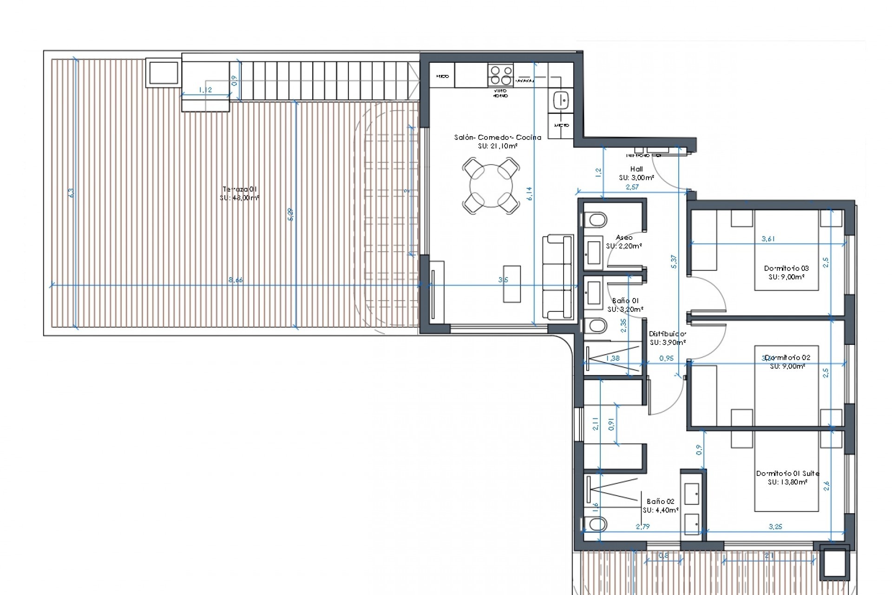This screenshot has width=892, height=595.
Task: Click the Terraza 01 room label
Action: tap(239, 190)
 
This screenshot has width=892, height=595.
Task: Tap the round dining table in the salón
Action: tap(491, 186)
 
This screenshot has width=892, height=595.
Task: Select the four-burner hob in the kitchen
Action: tap(500, 75)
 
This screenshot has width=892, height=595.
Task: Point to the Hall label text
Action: tap(636, 169)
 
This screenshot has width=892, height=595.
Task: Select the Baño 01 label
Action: tap(625, 301)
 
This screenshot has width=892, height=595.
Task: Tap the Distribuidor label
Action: tap(667, 334)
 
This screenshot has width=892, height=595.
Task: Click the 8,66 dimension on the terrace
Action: tap(236, 280)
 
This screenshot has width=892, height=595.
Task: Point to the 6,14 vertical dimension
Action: tap(530, 193)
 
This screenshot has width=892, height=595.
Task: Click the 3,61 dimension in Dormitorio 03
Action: tap(768, 239)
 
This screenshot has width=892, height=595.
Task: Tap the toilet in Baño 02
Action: tap(595, 524)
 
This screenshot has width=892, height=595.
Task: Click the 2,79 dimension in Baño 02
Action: tap(643, 527)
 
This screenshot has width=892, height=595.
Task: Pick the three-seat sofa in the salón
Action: tap(557, 277)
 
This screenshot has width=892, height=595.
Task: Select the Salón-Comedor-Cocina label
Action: tap(498, 137)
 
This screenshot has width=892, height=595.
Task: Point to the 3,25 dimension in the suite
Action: tap(775, 527)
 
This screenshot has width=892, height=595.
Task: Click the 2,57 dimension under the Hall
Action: tap(632, 187)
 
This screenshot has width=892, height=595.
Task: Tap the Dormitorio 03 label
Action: tap(786, 268)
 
